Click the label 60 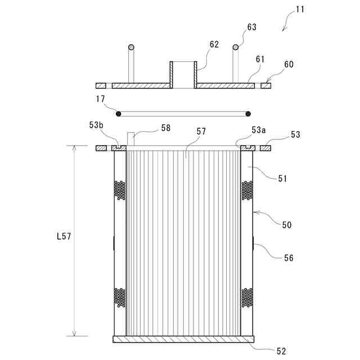(288, 65)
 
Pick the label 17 (100, 99)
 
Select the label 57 (201, 131)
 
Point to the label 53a (259, 130)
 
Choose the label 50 (287, 224)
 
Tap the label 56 (287, 258)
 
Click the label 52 (281, 352)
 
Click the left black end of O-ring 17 (118, 114)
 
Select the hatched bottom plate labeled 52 (184, 339)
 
